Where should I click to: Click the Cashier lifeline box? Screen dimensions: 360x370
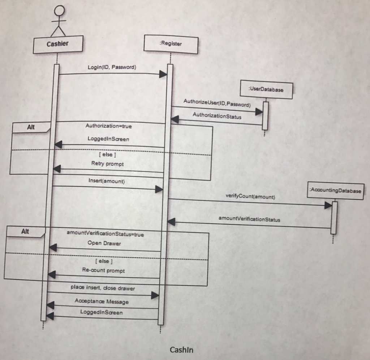click(57, 45)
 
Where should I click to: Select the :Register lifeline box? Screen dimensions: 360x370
click(171, 44)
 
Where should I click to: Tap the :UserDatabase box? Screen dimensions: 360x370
click(266, 90)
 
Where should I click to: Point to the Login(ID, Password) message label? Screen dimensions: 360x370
click(112, 67)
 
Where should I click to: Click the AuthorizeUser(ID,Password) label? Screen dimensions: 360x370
click(217, 103)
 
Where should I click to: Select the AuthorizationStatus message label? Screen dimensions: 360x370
click(217, 115)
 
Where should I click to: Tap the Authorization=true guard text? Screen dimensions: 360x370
click(108, 126)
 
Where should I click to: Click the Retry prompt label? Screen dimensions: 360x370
click(107, 164)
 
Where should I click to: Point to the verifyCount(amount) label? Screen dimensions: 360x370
click(250, 196)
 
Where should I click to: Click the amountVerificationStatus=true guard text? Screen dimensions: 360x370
click(105, 234)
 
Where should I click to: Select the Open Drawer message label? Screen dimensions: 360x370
click(104, 243)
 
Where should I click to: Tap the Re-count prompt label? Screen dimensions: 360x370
click(103, 270)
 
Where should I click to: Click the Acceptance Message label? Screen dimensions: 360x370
click(102, 301)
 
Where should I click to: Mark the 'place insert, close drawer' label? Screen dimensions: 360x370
click(103, 288)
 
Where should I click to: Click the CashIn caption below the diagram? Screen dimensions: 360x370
click(181, 350)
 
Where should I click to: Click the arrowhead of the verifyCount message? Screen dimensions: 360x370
click(328, 205)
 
